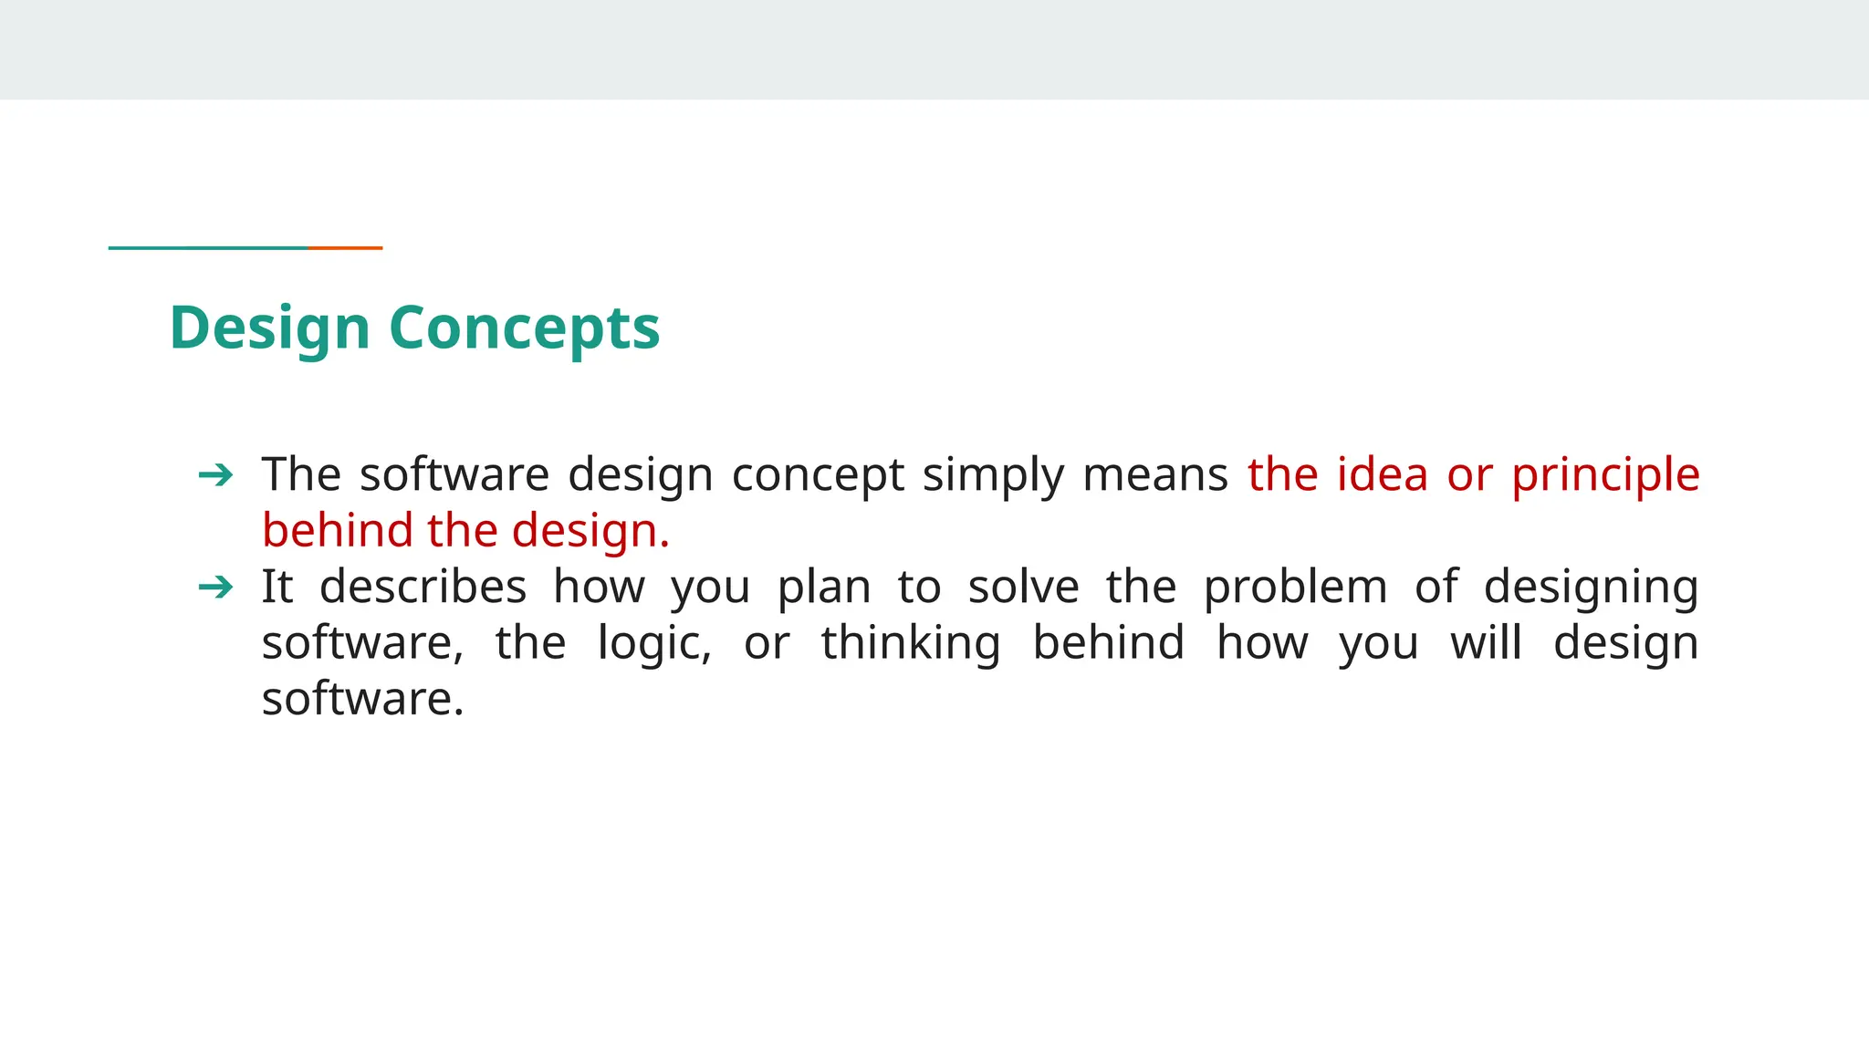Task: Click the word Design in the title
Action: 269,328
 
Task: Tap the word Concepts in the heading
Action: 524,328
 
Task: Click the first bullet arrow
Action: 215,475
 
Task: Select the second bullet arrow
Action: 215,588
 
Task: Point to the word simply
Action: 992,475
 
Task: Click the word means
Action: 1154,475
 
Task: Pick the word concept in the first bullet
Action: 818,475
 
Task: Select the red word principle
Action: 1605,475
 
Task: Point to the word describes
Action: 423,588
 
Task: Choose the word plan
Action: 824,588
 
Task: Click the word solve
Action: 1023,588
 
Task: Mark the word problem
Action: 1295,588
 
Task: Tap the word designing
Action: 1591,588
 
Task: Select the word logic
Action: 654,643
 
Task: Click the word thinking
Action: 911,643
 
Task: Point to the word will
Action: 1486,643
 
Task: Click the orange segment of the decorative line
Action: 345,247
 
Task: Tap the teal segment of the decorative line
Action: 208,247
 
